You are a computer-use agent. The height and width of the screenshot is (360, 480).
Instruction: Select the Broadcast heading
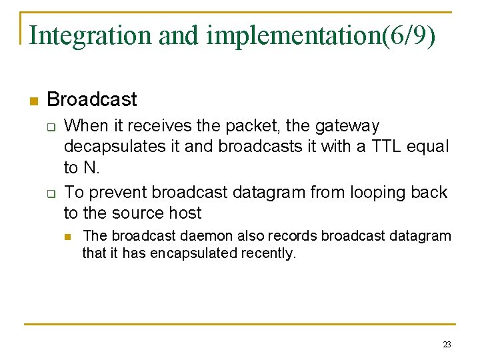(x=92, y=100)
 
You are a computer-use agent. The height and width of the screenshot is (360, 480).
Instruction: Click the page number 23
(x=446, y=345)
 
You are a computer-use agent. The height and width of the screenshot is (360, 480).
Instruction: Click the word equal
(x=429, y=146)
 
